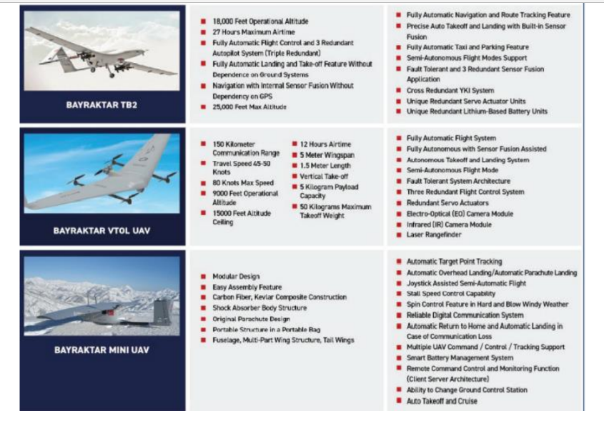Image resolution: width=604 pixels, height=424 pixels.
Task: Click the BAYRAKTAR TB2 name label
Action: (102, 104)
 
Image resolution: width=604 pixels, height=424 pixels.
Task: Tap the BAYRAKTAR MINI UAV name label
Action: (102, 350)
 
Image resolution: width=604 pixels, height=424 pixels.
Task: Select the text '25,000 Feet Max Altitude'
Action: (249, 107)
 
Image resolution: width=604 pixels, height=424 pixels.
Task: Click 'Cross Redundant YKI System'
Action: (450, 91)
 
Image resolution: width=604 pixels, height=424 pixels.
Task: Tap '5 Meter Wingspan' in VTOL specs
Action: (327, 155)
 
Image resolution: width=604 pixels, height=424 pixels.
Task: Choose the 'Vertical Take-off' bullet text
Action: (325, 177)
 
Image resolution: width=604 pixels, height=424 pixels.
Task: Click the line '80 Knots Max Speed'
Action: (243, 183)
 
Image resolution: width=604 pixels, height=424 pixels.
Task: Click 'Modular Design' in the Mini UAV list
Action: (236, 276)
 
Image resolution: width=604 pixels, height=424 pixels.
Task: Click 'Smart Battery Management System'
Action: (460, 358)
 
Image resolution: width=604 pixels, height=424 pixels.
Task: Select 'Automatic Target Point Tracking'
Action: (455, 262)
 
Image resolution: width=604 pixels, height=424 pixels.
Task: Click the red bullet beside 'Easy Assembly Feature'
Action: (204, 287)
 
